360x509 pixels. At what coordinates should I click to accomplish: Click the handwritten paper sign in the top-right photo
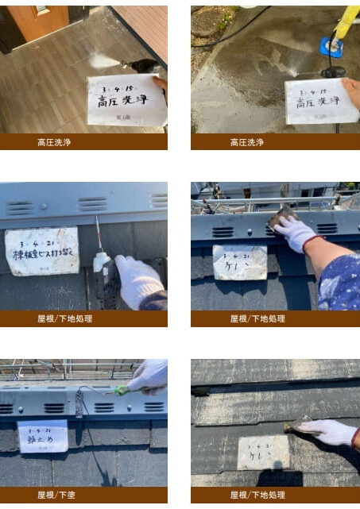pos(321,101)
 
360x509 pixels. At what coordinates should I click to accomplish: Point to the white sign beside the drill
pos(41,251)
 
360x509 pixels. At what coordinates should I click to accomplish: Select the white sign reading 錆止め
pos(42,436)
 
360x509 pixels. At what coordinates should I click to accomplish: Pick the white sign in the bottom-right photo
pos(263,452)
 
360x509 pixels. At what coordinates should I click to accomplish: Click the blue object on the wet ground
pos(331,47)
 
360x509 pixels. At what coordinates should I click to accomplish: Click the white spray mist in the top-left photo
pos(106,60)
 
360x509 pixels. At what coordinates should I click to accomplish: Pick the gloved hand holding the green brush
pos(149,376)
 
